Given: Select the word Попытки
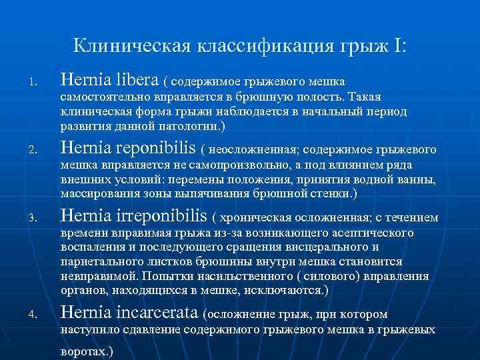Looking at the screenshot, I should coord(166,276).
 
